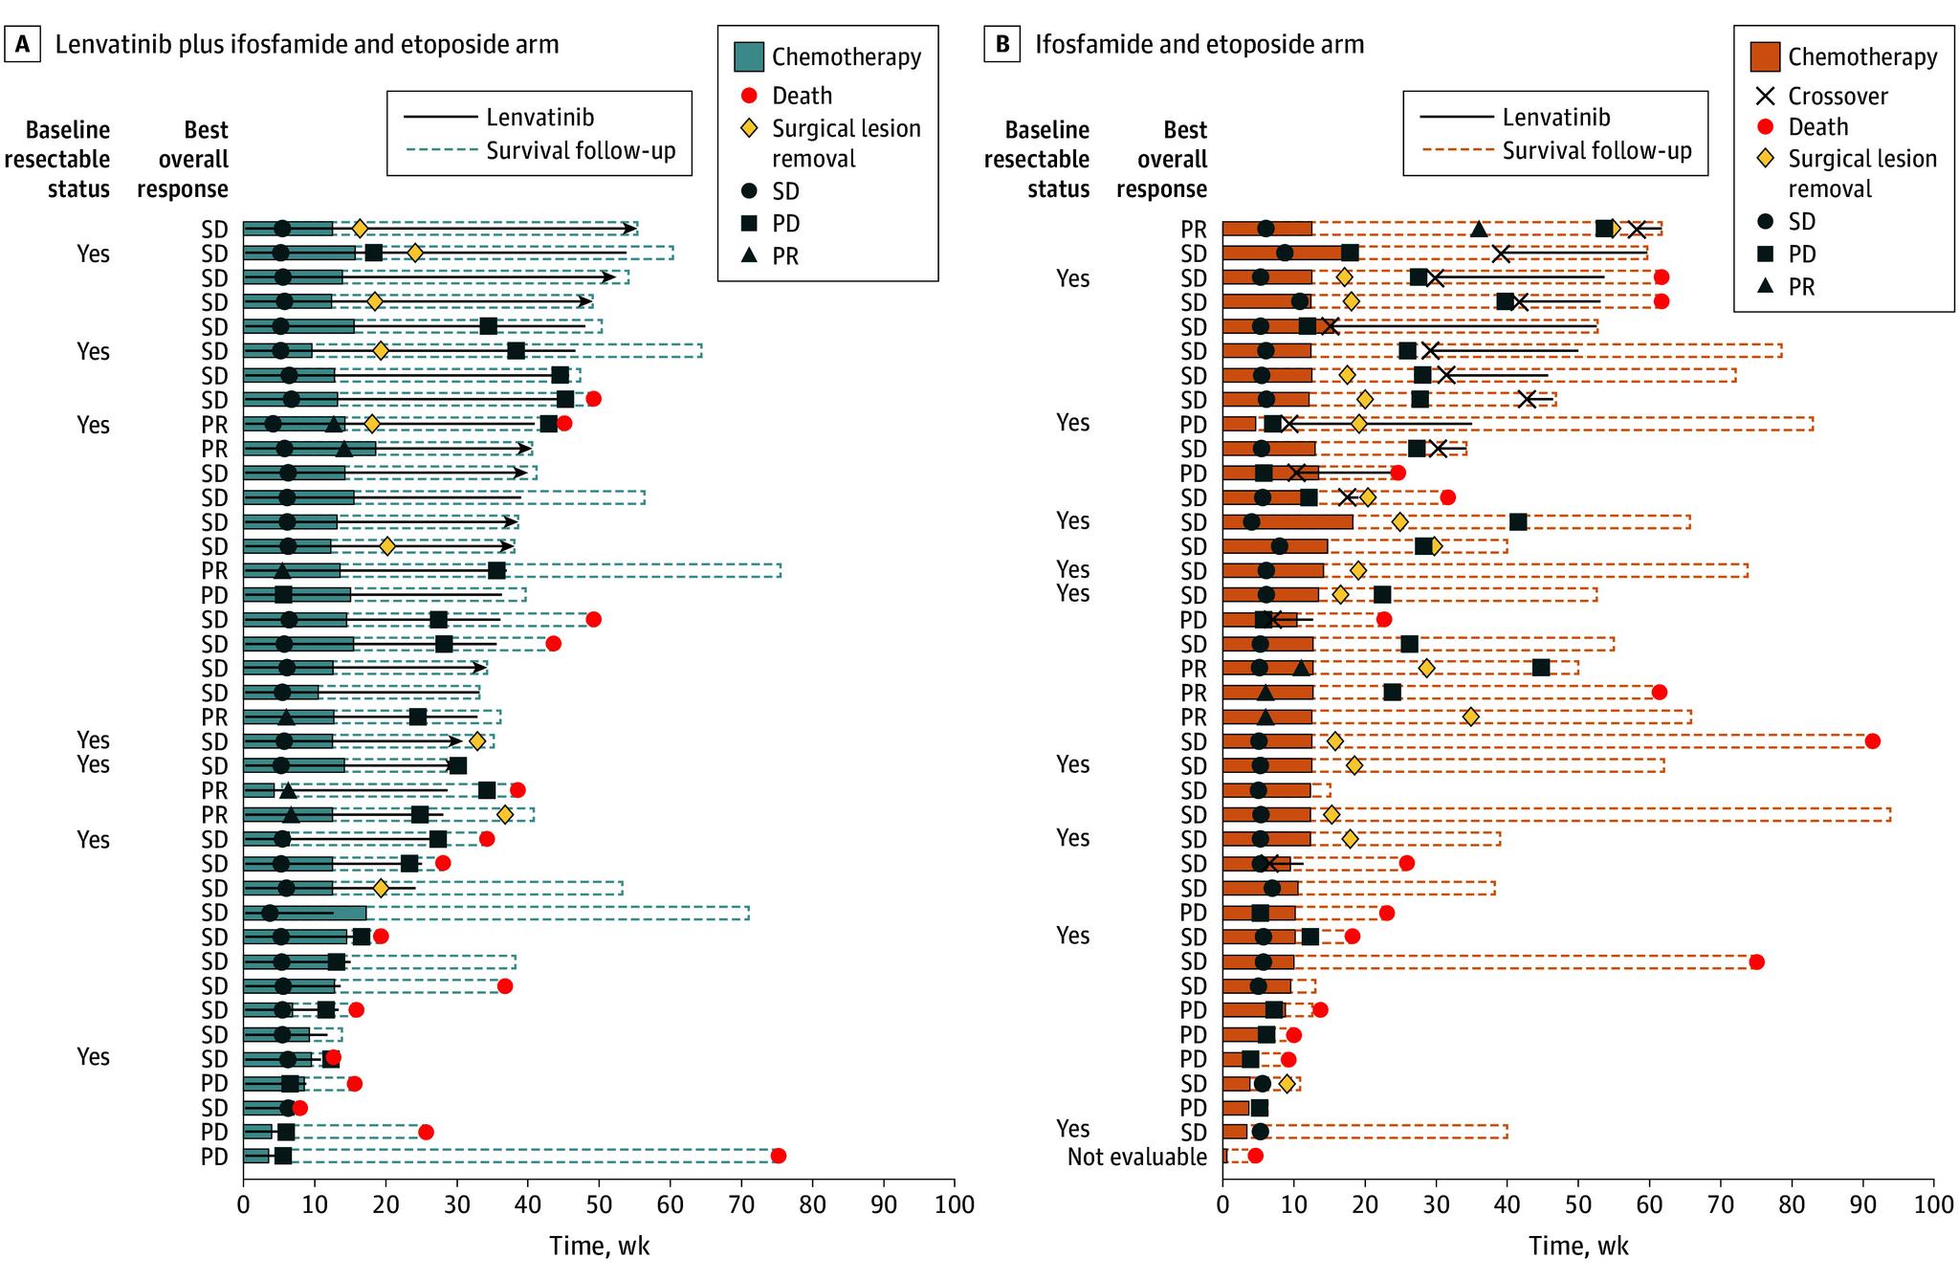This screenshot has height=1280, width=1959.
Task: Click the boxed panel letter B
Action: pyautogui.click(x=1002, y=45)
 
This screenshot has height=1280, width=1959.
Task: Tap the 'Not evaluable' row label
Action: pyautogui.click(x=1137, y=1157)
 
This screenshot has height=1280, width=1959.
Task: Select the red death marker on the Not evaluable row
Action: pyautogui.click(x=1255, y=1156)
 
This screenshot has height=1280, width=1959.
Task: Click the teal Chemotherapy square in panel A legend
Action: pyautogui.click(x=748, y=57)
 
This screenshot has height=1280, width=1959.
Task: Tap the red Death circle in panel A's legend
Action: pyautogui.click(x=750, y=96)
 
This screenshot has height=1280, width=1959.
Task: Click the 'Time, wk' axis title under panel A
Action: pyautogui.click(x=599, y=1246)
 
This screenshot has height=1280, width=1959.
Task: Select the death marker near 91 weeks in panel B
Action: pyautogui.click(x=1872, y=741)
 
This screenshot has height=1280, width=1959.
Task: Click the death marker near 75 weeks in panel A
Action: pyautogui.click(x=778, y=1156)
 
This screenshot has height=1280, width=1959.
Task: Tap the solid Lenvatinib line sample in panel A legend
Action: pyautogui.click(x=440, y=118)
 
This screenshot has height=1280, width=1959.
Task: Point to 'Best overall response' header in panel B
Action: pyautogui.click(x=1162, y=159)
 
